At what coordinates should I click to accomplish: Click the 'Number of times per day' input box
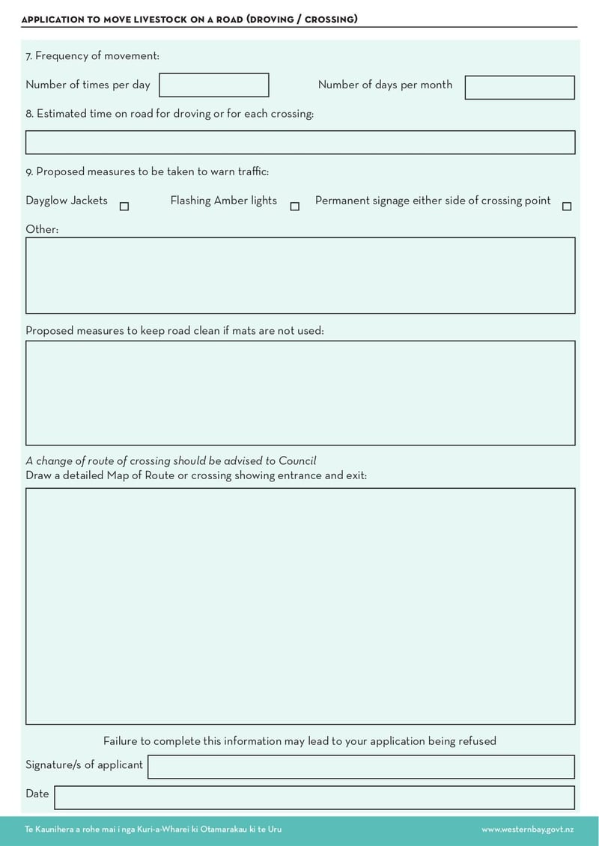point(213,85)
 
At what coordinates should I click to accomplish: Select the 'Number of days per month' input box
point(519,88)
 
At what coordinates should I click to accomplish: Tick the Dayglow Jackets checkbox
point(124,207)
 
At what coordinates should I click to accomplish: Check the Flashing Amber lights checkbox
point(294,207)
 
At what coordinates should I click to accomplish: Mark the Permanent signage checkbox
point(566,207)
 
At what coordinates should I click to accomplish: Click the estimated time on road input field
point(299,142)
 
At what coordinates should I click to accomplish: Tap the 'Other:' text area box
point(299,275)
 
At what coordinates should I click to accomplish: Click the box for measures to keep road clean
point(299,393)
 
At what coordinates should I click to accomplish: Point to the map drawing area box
point(299,606)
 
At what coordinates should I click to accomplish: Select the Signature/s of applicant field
point(361,767)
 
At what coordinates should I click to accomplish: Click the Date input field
point(314,797)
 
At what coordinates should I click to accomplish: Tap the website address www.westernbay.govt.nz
point(527,830)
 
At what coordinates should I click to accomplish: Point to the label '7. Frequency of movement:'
point(92,56)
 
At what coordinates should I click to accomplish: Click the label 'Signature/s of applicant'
point(84,764)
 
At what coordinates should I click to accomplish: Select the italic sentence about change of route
point(171,461)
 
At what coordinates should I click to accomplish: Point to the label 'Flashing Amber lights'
point(223,201)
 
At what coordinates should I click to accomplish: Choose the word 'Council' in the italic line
point(297,461)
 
